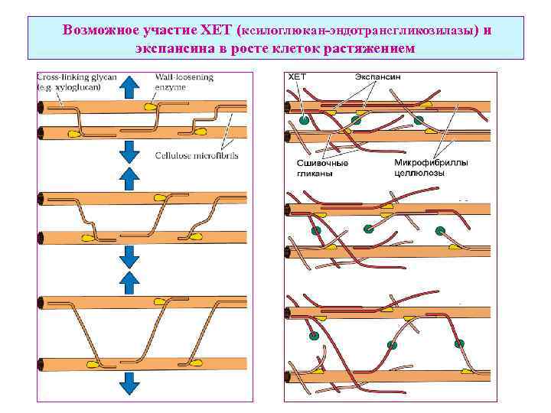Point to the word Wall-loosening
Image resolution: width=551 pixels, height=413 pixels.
pyautogui.click(x=184, y=77)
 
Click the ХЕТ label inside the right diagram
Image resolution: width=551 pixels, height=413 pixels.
pyautogui.click(x=296, y=77)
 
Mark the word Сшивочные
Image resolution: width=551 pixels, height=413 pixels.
pyautogui.click(x=322, y=163)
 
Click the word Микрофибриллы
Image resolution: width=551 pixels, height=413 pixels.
pyautogui.click(x=432, y=163)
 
